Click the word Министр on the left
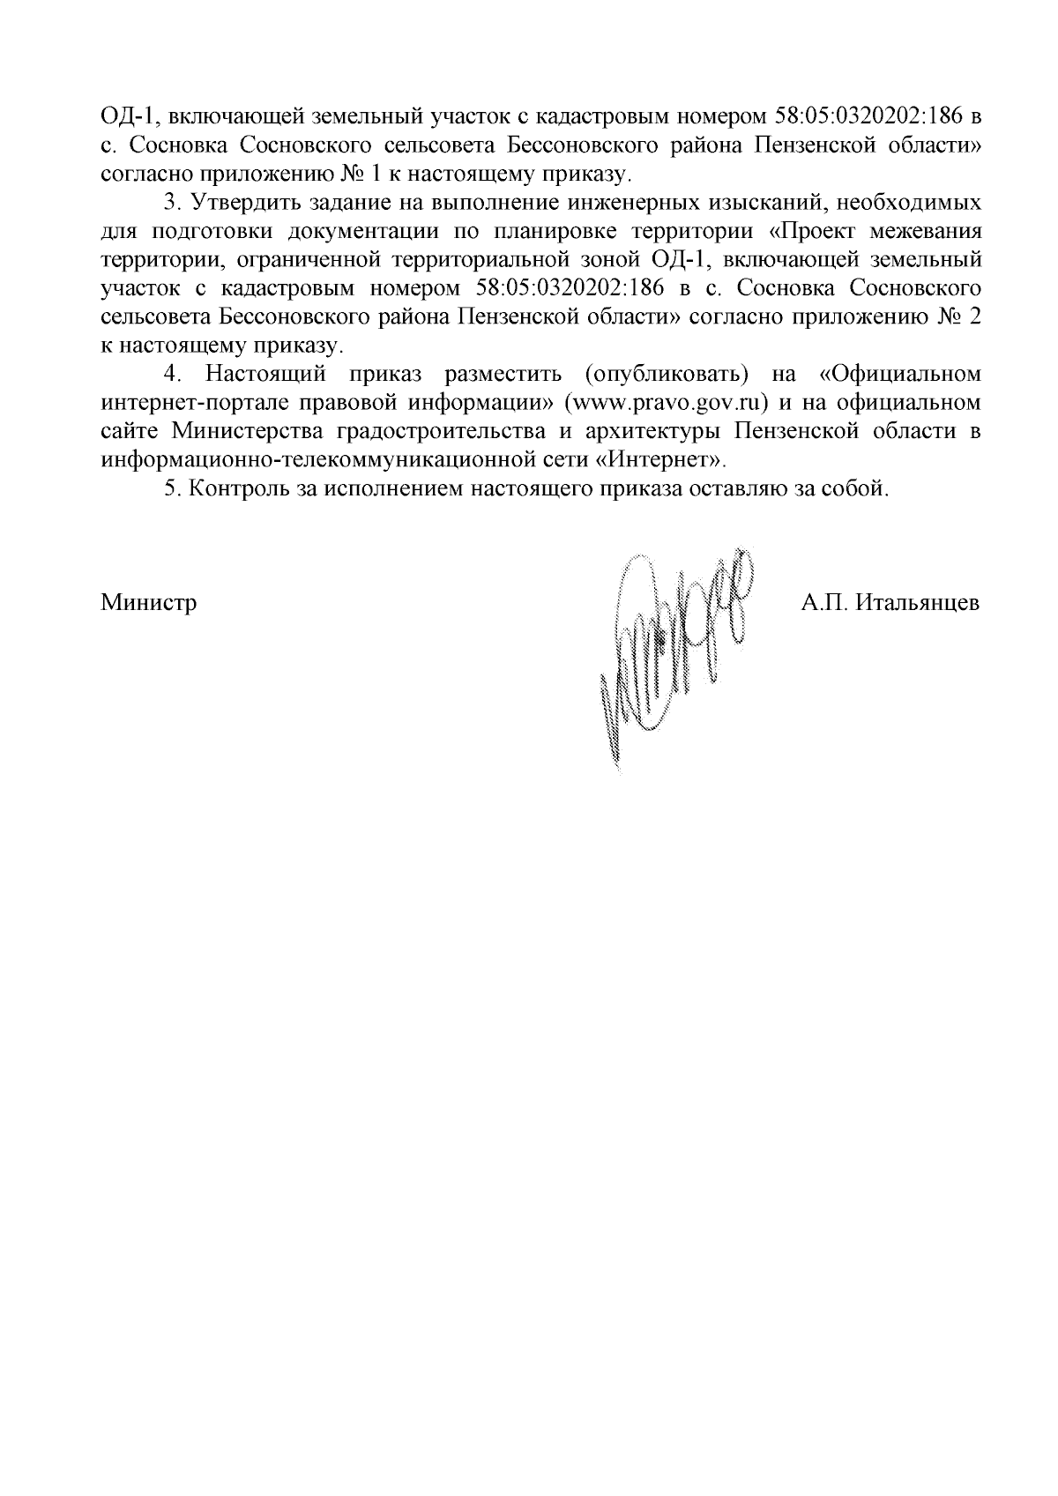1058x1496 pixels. tap(148, 603)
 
